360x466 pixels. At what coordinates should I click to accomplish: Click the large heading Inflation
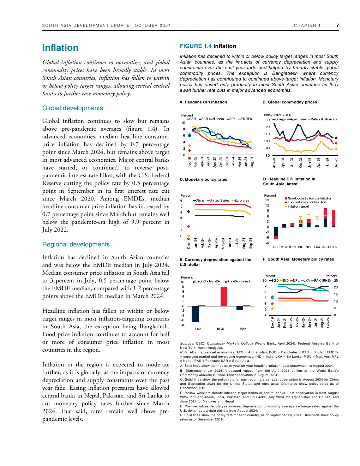60,48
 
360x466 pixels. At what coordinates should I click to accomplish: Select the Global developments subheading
72,108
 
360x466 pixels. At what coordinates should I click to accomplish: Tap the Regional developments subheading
76,244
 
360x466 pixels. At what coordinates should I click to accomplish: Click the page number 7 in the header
337,25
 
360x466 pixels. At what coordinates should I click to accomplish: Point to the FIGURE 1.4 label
196,46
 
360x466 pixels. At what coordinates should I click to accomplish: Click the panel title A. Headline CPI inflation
203,102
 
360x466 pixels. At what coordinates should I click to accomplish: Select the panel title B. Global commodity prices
290,102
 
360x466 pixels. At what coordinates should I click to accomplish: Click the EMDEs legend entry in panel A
246,119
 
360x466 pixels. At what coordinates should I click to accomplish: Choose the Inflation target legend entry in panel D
298,207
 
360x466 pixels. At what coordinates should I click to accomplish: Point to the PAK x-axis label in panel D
334,247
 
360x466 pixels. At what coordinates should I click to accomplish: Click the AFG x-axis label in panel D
276,247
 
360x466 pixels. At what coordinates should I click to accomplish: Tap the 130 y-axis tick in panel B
267,120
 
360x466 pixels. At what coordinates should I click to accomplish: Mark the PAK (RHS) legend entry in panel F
322,281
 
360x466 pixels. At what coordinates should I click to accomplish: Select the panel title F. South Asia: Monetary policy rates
299,259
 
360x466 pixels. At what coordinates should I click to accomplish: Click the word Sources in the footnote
187,343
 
